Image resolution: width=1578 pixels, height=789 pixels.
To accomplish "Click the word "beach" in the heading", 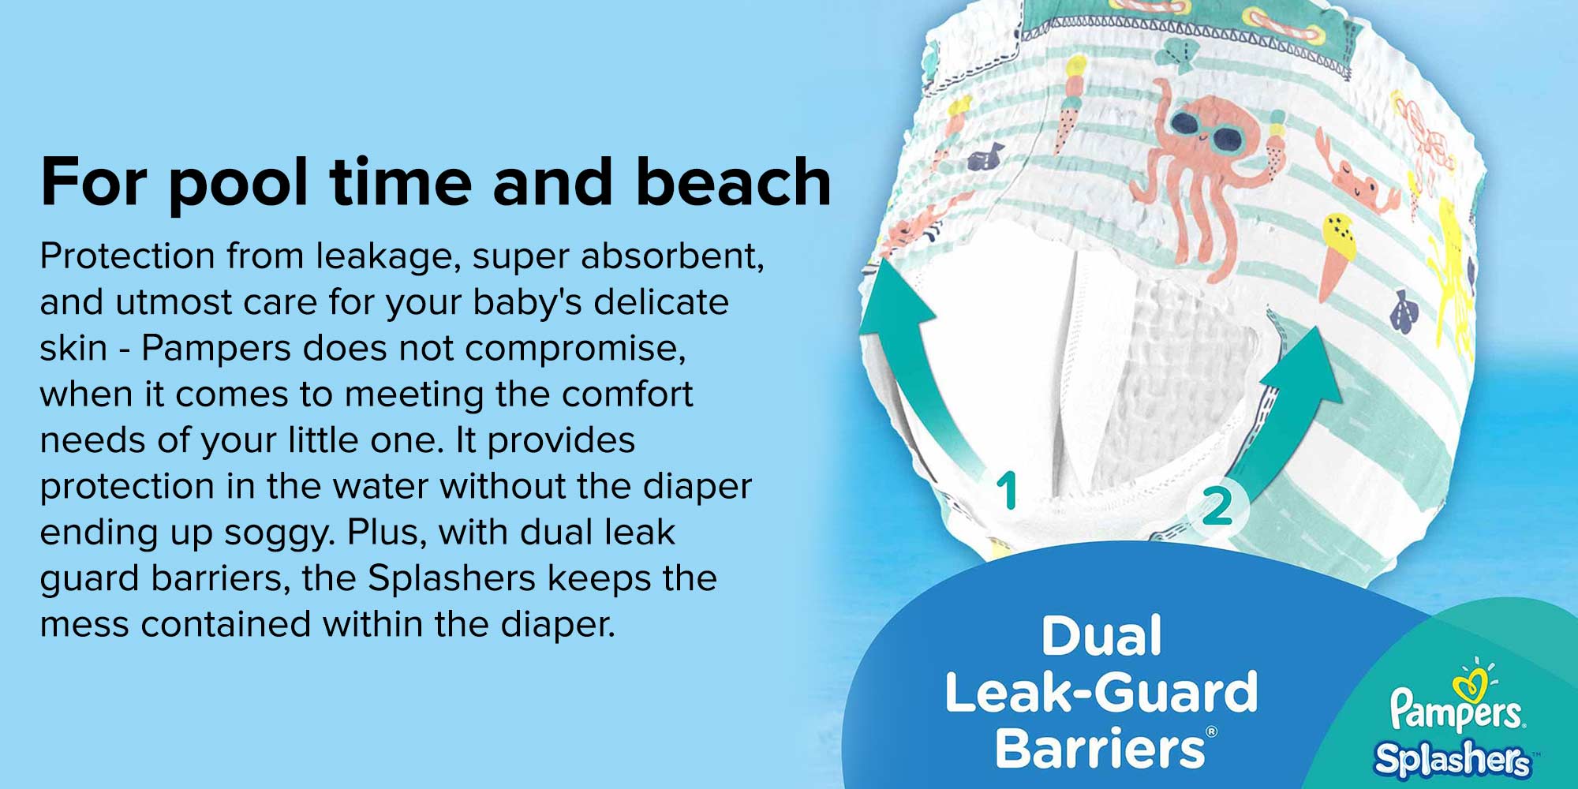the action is coord(733,181).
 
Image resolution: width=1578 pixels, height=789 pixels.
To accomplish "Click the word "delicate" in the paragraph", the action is coord(661,301).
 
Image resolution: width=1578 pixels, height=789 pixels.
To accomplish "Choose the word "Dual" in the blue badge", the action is coord(1101,635).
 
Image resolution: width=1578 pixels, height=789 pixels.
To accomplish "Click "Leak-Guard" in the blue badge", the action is coord(1101,692).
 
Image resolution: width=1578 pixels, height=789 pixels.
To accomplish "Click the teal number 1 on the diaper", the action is coord(1006,491).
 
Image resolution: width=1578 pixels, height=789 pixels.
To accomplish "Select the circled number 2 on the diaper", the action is coord(1217,506).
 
